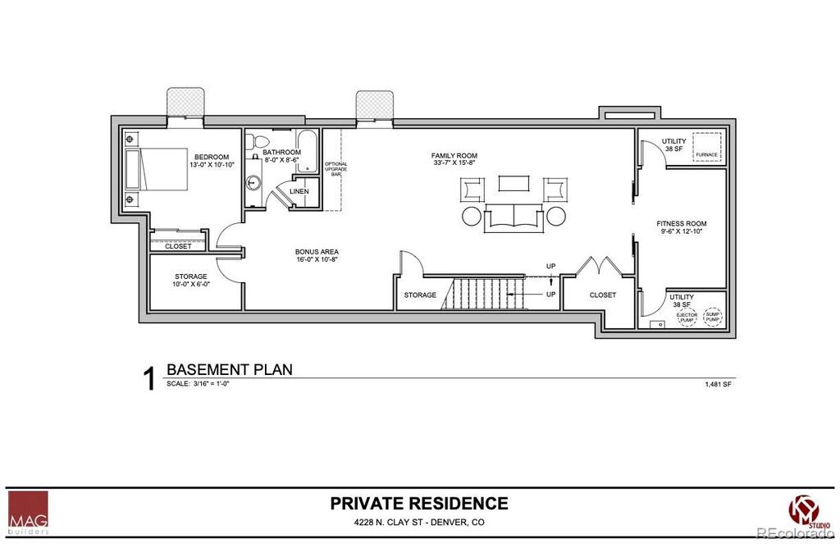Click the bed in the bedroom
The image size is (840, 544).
[157, 171]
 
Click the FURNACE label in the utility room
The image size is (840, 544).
[706, 154]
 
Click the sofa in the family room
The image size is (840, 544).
[514, 217]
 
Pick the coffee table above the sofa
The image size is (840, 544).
[514, 184]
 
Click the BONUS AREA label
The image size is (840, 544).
[317, 252]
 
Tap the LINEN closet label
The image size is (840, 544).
[299, 192]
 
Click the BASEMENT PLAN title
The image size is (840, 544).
[229, 370]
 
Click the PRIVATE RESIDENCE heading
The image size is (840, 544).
[419, 504]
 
